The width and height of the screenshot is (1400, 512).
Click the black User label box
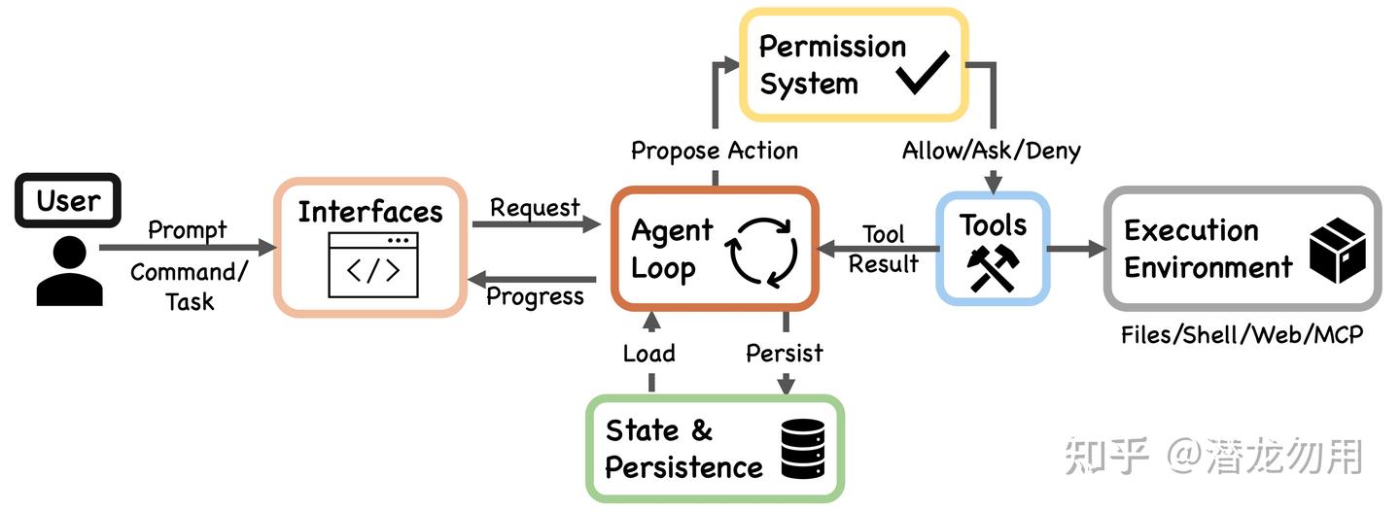point(68,200)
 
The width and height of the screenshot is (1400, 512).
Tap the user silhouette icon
point(69,271)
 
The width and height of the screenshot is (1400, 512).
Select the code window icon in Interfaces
point(373,264)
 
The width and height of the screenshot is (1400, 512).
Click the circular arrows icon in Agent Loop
point(761,253)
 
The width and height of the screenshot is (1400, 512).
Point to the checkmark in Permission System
point(923,73)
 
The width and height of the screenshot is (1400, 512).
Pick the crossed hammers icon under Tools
point(994,268)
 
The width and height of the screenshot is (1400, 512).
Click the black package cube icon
point(1338,251)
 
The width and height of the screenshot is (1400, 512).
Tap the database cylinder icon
point(803,449)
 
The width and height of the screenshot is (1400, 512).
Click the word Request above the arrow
point(535,208)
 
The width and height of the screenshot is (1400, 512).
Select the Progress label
point(535,296)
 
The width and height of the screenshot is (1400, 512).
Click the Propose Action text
point(715,152)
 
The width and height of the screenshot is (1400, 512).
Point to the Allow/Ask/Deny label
point(992,151)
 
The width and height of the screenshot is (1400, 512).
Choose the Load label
point(648,354)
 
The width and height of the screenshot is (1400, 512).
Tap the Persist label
point(785,354)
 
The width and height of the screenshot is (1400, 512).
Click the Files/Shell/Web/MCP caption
point(1242,335)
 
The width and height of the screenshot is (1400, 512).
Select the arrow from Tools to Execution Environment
point(1076,249)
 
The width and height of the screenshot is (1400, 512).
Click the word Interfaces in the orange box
point(370,212)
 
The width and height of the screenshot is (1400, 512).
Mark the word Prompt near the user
point(188,230)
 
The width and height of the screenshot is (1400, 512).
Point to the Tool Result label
point(883,249)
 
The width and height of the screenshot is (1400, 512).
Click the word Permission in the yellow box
point(832,47)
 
